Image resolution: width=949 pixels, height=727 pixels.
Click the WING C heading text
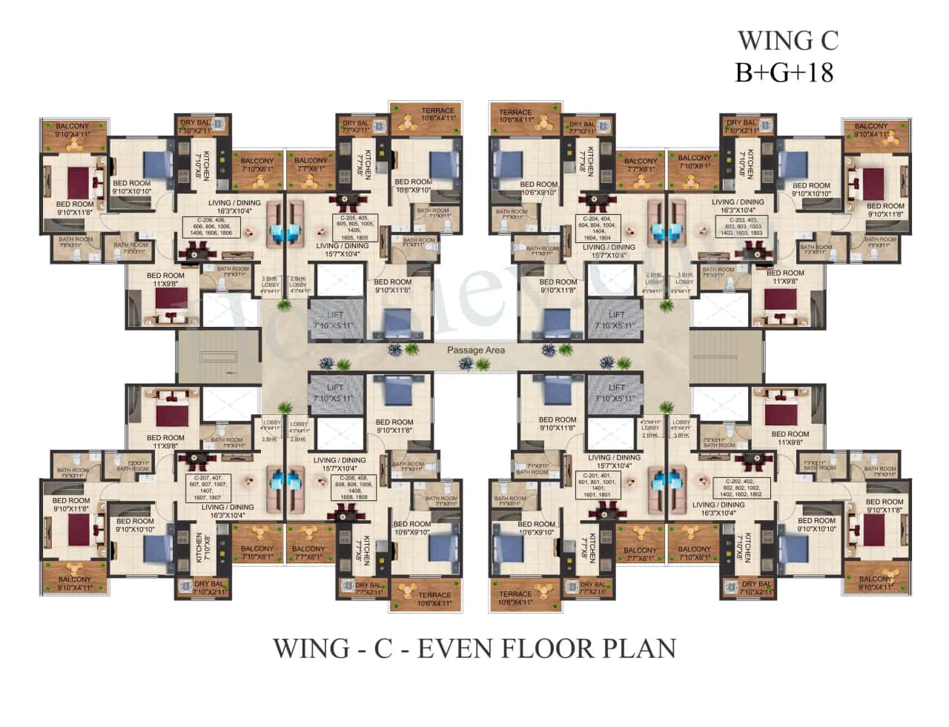[x=787, y=40]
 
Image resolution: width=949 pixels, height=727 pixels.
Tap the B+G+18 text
[x=784, y=73]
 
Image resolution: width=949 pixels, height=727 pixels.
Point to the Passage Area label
[x=475, y=350]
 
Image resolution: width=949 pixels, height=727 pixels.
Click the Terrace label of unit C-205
[x=437, y=114]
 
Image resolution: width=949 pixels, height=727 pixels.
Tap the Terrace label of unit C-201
[x=515, y=597]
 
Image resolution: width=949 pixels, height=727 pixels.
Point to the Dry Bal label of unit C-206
[x=194, y=126]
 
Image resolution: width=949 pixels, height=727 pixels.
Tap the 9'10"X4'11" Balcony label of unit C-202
[x=876, y=582]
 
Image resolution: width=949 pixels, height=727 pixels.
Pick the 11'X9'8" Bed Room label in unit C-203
[x=785, y=277]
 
